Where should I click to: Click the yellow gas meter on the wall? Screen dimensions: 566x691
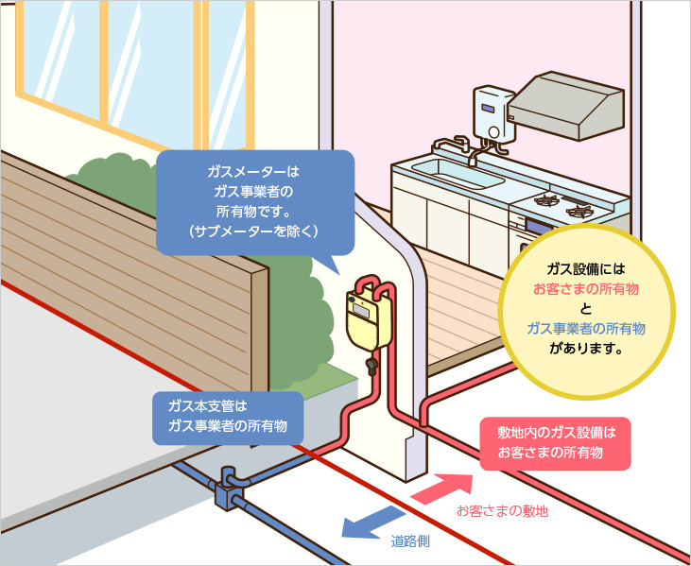[x=365, y=319]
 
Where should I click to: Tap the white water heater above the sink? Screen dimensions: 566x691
[x=492, y=113]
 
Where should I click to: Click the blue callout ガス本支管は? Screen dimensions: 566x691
[x=228, y=417]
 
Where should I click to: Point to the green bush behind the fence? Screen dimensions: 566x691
[x=113, y=180]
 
